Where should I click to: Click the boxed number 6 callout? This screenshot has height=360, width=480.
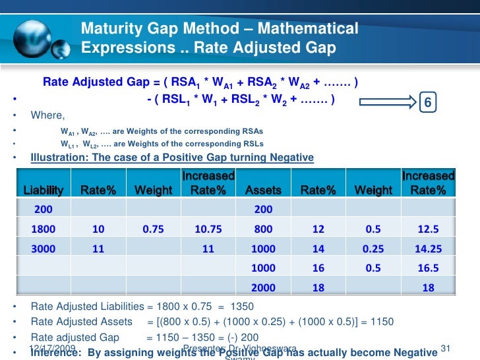pos(428,104)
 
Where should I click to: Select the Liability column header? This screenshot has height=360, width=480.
pos(44,190)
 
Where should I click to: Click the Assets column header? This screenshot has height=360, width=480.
pos(263,190)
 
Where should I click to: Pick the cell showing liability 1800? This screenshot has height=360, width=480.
pos(44,229)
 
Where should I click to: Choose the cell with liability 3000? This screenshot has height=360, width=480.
pos(44,250)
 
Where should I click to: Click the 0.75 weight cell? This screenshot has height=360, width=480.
pos(153,229)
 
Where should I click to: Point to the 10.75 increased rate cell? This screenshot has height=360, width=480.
pos(208,229)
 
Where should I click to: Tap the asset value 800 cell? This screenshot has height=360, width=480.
pos(263,229)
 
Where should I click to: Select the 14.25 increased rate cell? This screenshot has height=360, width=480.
pos(428,250)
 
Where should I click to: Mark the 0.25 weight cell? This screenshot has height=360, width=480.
pos(373,250)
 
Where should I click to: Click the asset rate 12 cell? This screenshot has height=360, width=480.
pos(318,229)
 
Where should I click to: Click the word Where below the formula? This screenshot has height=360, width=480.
pos(47,115)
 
